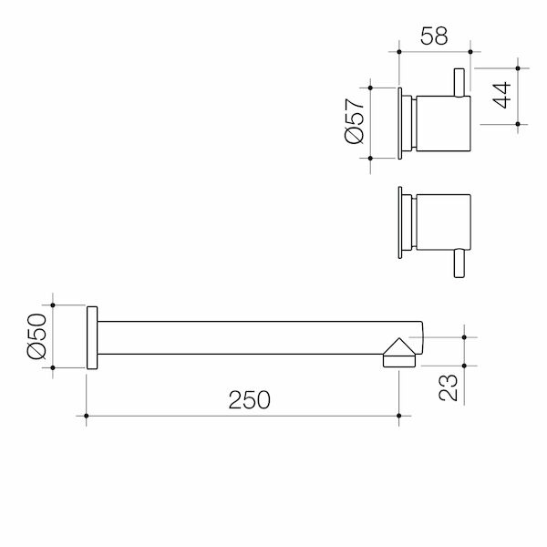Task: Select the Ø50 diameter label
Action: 35,336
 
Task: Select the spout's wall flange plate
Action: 91,336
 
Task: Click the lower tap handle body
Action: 443,222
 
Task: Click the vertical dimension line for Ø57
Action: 371,121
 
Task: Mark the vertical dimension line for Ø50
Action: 54,336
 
